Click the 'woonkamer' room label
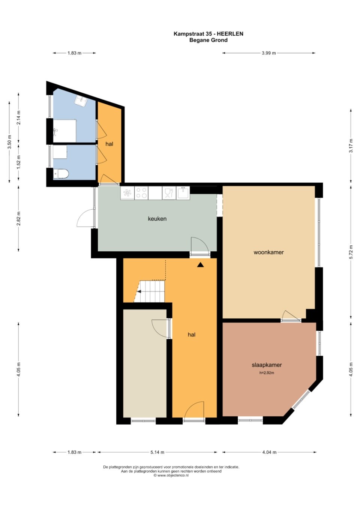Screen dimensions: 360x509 pos(268,252)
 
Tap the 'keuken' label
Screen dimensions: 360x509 pos(157,219)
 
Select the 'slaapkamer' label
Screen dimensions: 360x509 pos(267,365)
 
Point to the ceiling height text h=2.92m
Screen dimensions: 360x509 pos(267,373)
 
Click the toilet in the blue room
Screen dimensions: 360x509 pos(61,174)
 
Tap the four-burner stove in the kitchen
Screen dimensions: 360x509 pos(141,193)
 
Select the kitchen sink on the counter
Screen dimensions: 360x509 pos(183,193)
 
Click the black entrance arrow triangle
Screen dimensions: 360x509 pos(200,264)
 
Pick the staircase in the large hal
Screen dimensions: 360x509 pos(150,291)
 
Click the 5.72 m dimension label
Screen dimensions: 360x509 pos(351,252)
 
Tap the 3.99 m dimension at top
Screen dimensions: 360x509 pos(269,53)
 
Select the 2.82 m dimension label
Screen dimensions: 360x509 pos(19,218)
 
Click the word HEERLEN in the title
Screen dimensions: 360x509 pos(230,34)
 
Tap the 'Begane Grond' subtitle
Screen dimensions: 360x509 pos(208,40)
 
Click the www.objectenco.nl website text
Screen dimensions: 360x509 pos(171,475)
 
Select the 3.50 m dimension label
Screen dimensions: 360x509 pos(9,142)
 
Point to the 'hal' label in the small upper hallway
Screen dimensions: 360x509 pos(109,144)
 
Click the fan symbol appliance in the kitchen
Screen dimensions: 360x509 pos(127,193)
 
